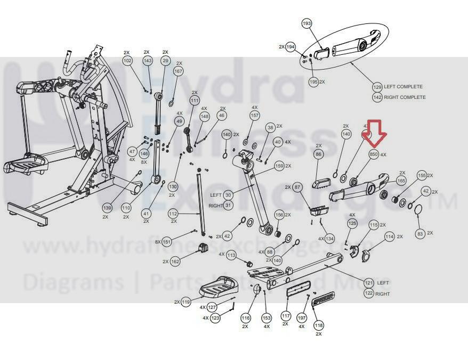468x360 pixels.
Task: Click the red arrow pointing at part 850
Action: (x=377, y=133)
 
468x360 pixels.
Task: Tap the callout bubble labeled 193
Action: (x=306, y=24)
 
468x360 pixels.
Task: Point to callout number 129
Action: (x=377, y=87)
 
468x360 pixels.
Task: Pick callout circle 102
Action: (x=127, y=61)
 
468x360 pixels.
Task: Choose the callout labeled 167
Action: (x=178, y=71)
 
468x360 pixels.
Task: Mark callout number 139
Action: (x=107, y=207)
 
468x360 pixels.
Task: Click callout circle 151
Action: (x=167, y=242)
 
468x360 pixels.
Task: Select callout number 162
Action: (x=175, y=261)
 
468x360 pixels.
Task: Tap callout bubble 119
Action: (x=185, y=302)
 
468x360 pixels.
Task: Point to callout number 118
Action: (x=319, y=325)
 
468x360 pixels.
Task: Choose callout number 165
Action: (x=401, y=181)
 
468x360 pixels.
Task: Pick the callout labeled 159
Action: (x=279, y=166)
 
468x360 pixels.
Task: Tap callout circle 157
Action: (x=255, y=116)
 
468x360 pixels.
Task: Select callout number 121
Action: (x=368, y=283)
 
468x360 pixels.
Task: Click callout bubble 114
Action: (x=390, y=236)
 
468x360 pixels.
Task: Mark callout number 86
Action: (x=319, y=154)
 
